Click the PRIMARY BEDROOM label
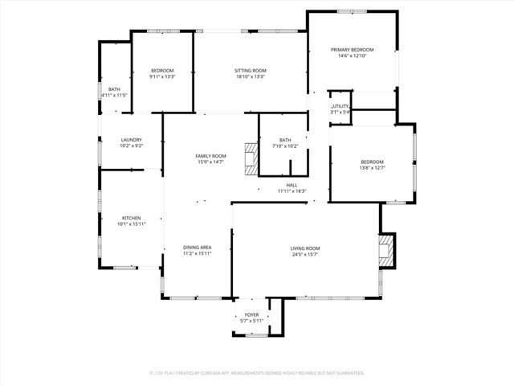click(353, 50)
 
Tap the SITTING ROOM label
click(251, 71)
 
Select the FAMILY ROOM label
click(210, 155)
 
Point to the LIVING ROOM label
click(305, 248)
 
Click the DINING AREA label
click(197, 248)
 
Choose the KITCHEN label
click(131, 218)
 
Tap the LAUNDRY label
click(131, 140)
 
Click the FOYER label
click(251, 315)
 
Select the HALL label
click(292, 185)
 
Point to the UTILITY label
click(341, 106)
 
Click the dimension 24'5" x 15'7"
click(305, 255)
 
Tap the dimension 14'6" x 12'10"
click(353, 56)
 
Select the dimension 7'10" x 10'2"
click(285, 146)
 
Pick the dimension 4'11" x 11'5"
click(114, 95)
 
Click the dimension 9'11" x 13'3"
click(161, 77)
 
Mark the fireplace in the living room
click(387, 249)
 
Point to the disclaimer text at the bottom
click(257, 373)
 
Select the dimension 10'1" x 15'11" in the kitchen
click(131, 224)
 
